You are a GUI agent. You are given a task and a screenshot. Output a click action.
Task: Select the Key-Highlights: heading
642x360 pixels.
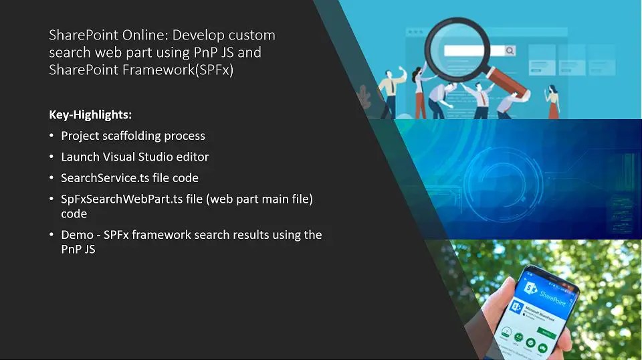(90, 114)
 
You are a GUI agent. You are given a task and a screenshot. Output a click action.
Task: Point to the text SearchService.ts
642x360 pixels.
(101, 178)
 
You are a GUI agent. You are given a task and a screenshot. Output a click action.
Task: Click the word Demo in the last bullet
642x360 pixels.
(76, 235)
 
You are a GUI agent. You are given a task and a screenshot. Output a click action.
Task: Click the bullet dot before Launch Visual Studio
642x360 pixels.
(52, 157)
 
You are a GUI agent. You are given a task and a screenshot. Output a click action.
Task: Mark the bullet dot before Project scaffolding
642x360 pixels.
(52, 136)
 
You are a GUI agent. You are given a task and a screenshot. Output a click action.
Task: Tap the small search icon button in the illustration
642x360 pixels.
(510, 51)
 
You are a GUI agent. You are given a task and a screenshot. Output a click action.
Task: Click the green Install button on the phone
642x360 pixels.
(546, 333)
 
